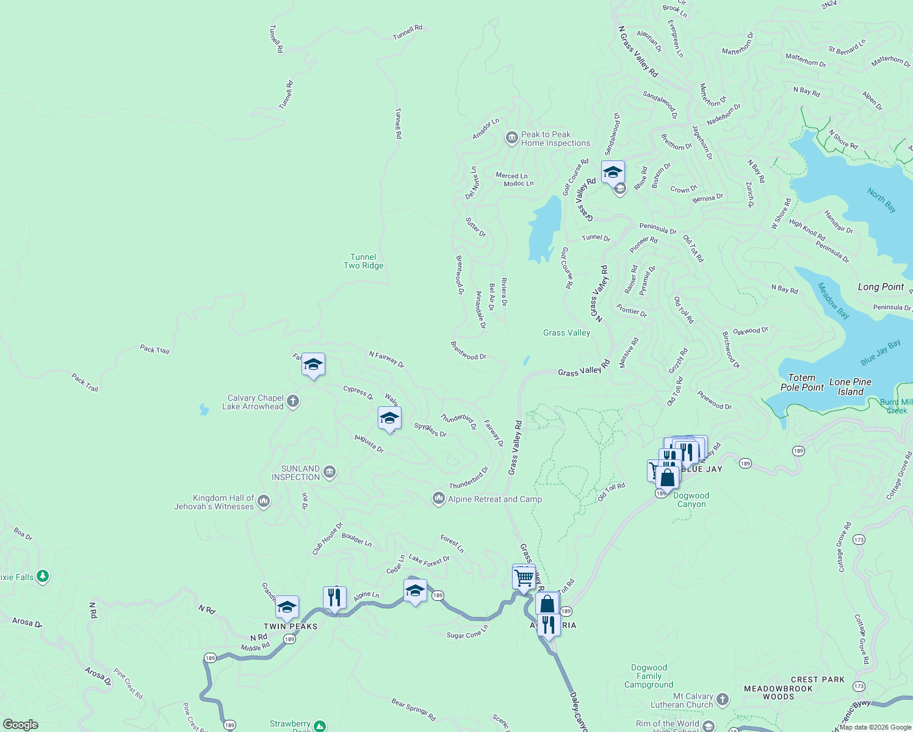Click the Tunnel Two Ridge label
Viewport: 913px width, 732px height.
(364, 262)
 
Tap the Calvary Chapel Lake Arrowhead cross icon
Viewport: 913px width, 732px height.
(293, 401)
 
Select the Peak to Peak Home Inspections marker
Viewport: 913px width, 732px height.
(512, 138)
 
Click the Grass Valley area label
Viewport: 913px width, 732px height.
(566, 333)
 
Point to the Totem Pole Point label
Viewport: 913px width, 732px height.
(802, 382)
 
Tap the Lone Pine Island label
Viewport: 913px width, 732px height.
(850, 387)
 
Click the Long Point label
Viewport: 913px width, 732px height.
(881, 287)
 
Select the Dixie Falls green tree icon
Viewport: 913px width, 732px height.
(43, 576)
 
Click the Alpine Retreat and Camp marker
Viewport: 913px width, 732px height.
(438, 498)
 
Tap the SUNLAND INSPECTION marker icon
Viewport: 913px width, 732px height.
(330, 472)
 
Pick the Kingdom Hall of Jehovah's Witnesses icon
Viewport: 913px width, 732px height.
(264, 501)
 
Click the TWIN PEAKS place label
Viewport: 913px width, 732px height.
(290, 626)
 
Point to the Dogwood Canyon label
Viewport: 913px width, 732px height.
(691, 500)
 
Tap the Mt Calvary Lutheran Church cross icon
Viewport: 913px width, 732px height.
(723, 699)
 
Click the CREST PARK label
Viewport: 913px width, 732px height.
(818, 680)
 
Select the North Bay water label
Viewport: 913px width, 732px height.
(882, 200)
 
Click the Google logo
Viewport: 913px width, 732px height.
(21, 725)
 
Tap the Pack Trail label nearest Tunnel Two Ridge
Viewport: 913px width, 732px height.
(155, 350)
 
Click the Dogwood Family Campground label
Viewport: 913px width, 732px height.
(649, 676)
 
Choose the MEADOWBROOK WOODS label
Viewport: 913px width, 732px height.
(778, 693)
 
